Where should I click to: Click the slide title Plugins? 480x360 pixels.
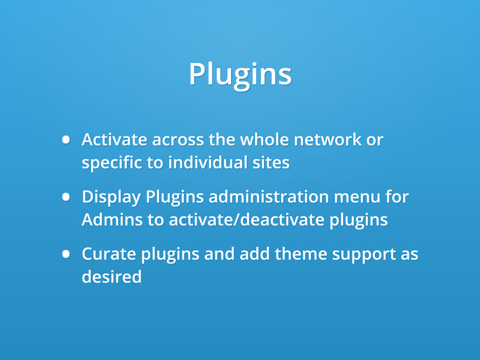pyautogui.click(x=240, y=74)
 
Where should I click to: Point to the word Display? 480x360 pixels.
pyautogui.click(x=111, y=197)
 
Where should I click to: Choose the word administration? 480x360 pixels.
pyautogui.click(x=268, y=197)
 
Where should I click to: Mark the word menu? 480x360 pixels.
pyautogui.click(x=356, y=197)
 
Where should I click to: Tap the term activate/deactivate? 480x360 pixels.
pyautogui.click(x=246, y=220)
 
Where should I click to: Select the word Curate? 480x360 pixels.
pyautogui.click(x=109, y=254)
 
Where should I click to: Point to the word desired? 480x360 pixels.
pyautogui.click(x=112, y=277)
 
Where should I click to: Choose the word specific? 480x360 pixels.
pyautogui.click(x=112, y=163)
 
